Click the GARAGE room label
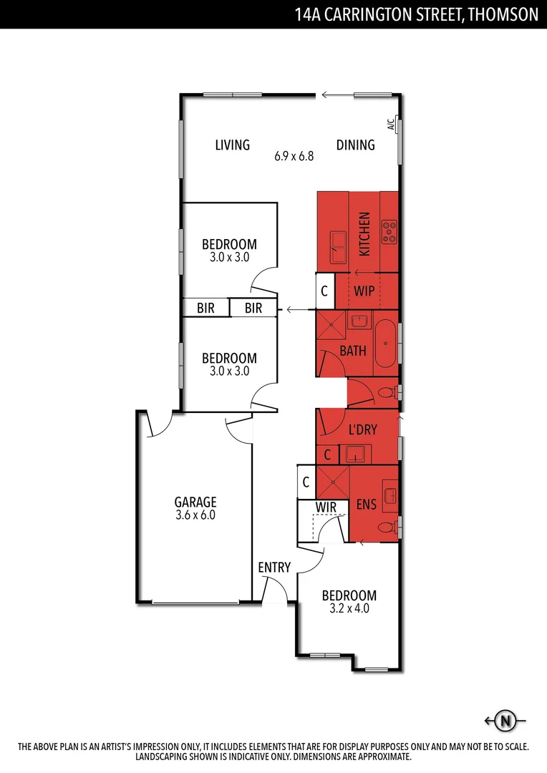195,502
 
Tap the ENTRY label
274,568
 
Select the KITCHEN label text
364,234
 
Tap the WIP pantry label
364,291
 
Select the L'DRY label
362,430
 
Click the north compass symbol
506,721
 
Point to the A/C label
391,125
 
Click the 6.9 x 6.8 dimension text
294,156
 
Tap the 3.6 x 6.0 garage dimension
195,515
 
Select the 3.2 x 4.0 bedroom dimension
349,609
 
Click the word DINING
356,145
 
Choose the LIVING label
233,145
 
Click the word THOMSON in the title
502,15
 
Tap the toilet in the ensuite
387,528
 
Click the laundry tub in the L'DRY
356,454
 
